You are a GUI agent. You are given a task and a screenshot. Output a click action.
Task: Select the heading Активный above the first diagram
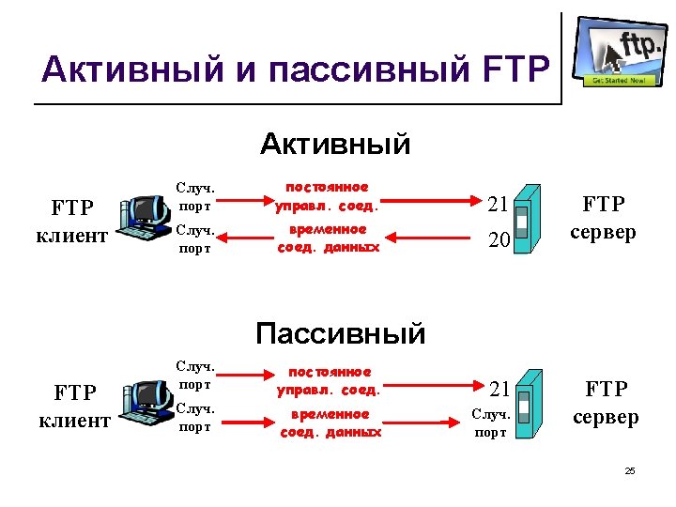click(x=335, y=145)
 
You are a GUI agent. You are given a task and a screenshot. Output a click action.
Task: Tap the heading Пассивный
click(x=340, y=333)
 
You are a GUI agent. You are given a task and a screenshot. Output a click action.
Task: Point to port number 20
click(x=499, y=241)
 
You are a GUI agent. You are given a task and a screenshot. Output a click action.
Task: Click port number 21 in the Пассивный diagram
click(x=499, y=389)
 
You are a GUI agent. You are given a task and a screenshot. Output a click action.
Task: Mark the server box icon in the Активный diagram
click(x=530, y=220)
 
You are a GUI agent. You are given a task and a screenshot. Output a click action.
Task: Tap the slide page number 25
click(x=630, y=470)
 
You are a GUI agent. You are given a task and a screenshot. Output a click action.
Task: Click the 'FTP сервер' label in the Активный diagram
click(x=604, y=218)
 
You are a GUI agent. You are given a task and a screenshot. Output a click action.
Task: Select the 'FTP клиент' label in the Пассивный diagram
click(x=76, y=405)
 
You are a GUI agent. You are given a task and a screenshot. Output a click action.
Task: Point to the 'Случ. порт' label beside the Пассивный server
click(x=491, y=422)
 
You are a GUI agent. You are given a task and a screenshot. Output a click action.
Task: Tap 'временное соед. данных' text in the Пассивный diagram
click(x=330, y=422)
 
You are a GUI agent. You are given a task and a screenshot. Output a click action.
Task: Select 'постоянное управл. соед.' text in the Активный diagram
click(x=327, y=196)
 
